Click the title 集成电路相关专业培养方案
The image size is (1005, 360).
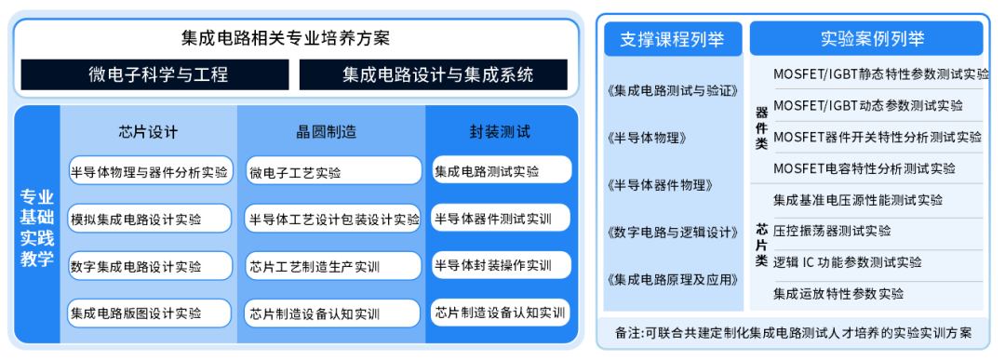click(x=286, y=38)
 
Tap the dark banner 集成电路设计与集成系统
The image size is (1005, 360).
click(x=434, y=74)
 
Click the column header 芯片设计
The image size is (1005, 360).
click(x=148, y=131)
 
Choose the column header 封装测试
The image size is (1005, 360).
click(x=500, y=131)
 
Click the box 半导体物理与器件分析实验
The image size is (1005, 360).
click(x=149, y=171)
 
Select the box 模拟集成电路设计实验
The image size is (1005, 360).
click(x=149, y=220)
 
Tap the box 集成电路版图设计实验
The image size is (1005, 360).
click(x=149, y=313)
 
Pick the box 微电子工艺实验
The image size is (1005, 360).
click(x=333, y=172)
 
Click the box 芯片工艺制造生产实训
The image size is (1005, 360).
click(x=333, y=266)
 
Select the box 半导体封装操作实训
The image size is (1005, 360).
click(x=500, y=265)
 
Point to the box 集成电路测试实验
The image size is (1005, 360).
click(x=500, y=171)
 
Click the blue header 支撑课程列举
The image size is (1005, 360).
click(x=673, y=39)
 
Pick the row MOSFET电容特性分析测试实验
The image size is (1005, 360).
click(x=864, y=168)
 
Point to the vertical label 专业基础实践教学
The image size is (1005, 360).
click(x=37, y=228)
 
